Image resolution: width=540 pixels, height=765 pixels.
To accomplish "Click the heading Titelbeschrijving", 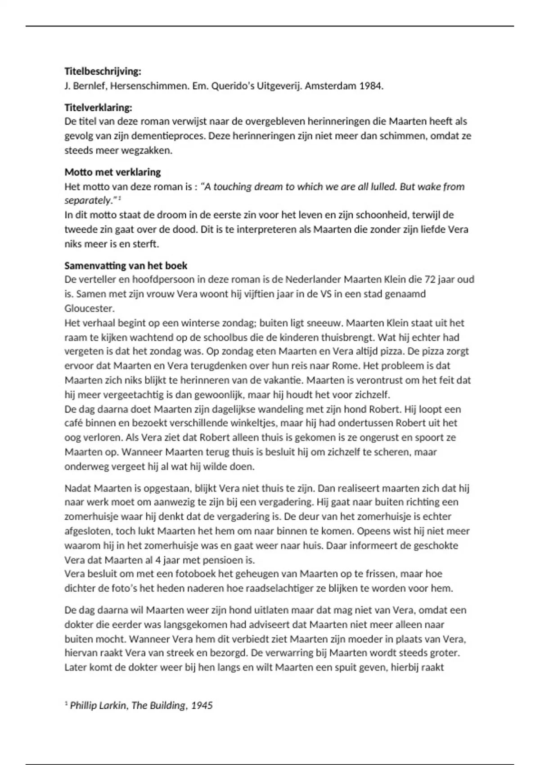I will coord(103,71).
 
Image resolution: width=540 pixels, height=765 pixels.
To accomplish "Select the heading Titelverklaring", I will coord(98,108).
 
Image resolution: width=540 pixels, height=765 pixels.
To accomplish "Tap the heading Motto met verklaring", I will coord(112,172).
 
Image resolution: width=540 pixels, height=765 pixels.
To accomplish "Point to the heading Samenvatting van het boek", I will coord(126,265).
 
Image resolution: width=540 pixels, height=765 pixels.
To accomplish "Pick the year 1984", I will coord(371,85).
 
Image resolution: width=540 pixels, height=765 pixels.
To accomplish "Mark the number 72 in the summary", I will coord(430,279).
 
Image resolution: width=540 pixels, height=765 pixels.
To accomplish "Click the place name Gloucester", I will coord(90,308).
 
